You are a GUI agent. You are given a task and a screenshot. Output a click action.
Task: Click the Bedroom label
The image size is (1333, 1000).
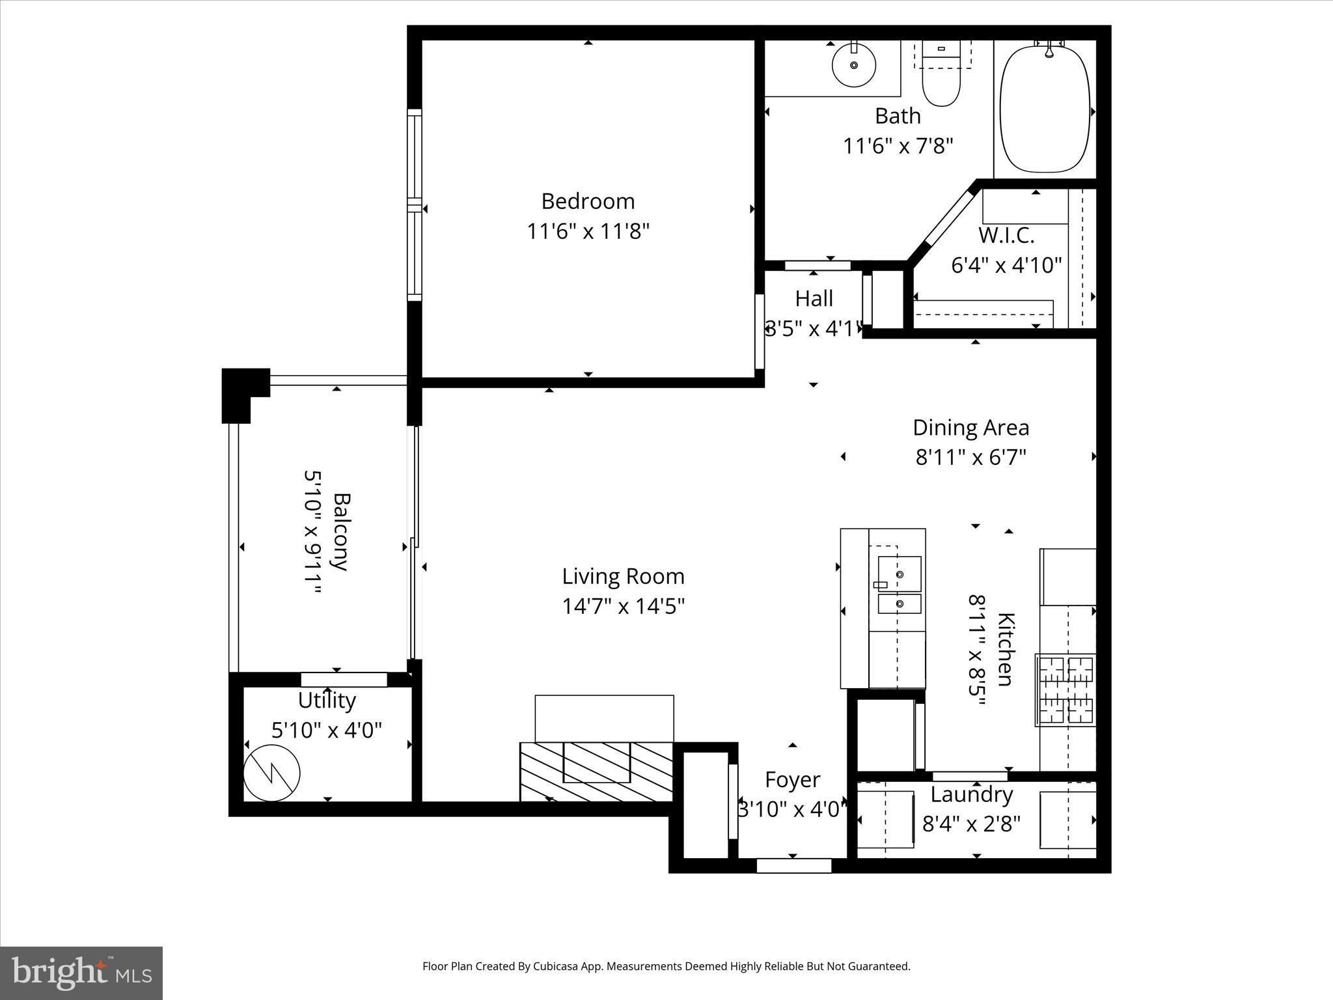pos(588,201)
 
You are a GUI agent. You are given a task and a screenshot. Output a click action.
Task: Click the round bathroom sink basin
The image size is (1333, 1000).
pos(854,65)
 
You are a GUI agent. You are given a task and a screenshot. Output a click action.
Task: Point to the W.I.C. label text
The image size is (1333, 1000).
pos(1006,234)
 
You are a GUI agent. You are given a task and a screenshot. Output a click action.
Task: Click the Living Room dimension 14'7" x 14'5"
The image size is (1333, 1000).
pos(624,607)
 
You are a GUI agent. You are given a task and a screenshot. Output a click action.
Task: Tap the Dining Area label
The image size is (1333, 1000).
pos(970,428)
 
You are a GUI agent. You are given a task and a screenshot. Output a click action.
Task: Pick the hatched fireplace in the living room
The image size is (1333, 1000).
pos(596,771)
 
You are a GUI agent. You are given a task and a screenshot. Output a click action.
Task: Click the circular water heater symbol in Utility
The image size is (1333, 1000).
pos(271,773)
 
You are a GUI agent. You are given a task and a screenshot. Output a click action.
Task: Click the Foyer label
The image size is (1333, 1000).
pos(792,779)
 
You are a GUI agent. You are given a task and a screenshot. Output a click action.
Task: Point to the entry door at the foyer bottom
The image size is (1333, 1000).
pos(794,865)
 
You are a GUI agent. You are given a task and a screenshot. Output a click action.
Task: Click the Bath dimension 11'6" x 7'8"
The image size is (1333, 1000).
pos(898,146)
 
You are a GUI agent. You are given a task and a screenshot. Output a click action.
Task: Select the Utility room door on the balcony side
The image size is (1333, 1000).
pos(344,680)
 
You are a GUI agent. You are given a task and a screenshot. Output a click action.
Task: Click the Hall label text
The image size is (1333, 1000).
pos(814,299)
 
